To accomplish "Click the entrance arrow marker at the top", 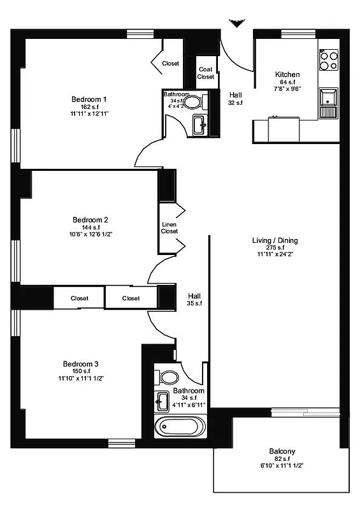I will tap(237, 24).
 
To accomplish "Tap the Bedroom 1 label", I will tap(89, 99).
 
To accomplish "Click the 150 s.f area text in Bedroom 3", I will tap(80, 371).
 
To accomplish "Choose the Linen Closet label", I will tap(169, 228).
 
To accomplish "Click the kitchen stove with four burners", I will tap(329, 60).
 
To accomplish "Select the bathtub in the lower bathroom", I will tap(181, 426).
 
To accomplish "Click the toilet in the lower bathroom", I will tap(169, 376).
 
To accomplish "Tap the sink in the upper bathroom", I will tap(198, 123).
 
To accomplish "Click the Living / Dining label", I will tap(275, 240).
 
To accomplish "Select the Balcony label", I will tap(282, 451).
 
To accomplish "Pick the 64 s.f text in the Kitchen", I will tap(287, 82).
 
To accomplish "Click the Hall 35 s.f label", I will tap(194, 300).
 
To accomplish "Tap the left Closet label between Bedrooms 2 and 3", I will tap(79, 298).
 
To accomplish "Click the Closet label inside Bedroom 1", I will tap(170, 63).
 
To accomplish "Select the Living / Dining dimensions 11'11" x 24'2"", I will tap(275, 254).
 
